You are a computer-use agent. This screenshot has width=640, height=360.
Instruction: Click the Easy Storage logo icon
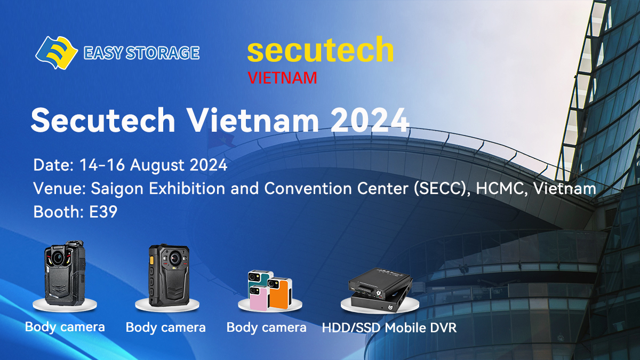[x=57, y=53]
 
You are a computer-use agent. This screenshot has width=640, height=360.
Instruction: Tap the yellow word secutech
[x=321, y=50]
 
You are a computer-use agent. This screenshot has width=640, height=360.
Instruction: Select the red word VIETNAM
[x=282, y=78]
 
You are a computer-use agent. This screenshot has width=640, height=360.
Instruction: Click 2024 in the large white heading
[x=370, y=120]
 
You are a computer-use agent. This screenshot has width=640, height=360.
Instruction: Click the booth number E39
[x=103, y=212]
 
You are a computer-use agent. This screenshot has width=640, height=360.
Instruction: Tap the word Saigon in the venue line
[x=117, y=189]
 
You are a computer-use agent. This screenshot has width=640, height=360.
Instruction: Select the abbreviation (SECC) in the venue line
[x=442, y=189]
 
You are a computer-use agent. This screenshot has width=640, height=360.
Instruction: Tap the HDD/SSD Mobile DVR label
[x=389, y=327]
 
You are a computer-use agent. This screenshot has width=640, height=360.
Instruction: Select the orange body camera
[x=280, y=293]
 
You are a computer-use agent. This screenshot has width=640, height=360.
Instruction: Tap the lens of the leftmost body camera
[x=58, y=258]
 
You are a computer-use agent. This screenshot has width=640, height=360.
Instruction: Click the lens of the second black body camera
[x=175, y=258]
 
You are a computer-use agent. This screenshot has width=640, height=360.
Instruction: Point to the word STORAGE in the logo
[x=162, y=53]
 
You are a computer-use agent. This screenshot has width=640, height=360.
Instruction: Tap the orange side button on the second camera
[x=151, y=261]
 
